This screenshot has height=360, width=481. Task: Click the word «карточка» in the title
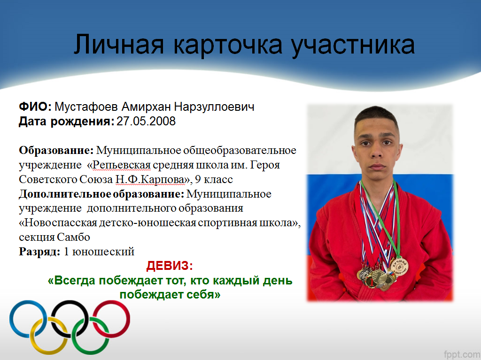[x=228, y=46]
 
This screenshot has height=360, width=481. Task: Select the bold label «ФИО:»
[x=35, y=107]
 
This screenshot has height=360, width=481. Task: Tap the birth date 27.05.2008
[x=146, y=121]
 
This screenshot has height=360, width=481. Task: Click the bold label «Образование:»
[x=56, y=151]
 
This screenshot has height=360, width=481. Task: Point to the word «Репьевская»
[x=122, y=165]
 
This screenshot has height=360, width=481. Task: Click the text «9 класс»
[x=214, y=179]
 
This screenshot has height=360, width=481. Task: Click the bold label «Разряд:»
[x=39, y=252]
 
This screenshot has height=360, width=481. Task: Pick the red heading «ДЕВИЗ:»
[x=170, y=266]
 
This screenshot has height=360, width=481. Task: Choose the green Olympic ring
[x=90, y=352]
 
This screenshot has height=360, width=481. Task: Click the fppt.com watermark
[x=462, y=354]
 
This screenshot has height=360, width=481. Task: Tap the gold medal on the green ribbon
[x=399, y=266]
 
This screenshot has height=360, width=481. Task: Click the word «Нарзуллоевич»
[x=214, y=107]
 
